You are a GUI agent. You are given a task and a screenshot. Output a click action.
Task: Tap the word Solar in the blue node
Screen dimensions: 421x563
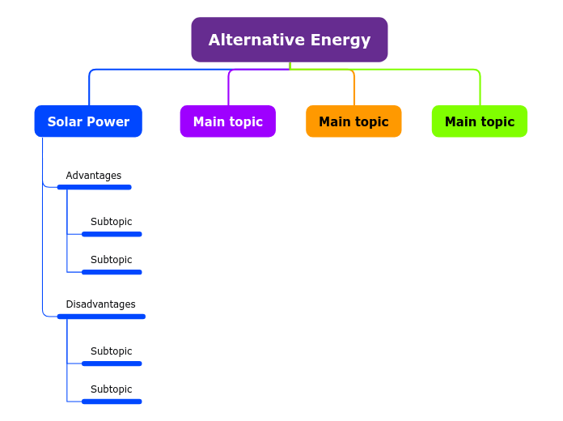pyautogui.click(x=65, y=121)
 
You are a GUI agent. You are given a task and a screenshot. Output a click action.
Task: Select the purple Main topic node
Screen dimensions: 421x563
pyautogui.click(x=227, y=121)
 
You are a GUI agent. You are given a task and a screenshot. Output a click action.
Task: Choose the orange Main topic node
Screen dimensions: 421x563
pyautogui.click(x=353, y=121)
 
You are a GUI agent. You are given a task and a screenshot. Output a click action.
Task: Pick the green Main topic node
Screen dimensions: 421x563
pyautogui.click(x=479, y=121)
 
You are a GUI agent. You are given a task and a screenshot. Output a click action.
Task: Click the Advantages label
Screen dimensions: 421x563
pyautogui.click(x=93, y=176)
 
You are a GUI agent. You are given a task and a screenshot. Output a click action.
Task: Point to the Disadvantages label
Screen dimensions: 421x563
pyautogui.click(x=100, y=304)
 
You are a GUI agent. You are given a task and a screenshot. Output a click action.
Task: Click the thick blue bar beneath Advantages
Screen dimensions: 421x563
pyautogui.click(x=94, y=187)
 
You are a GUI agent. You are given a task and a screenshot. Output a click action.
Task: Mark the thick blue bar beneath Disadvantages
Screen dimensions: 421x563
pyautogui.click(x=101, y=317)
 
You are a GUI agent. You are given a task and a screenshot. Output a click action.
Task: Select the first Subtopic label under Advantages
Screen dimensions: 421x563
pyautogui.click(x=111, y=222)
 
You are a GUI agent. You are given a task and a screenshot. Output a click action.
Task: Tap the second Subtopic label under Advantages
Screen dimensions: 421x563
pyautogui.click(x=111, y=260)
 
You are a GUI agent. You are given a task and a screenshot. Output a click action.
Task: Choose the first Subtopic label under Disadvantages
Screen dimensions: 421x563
pyautogui.click(x=111, y=351)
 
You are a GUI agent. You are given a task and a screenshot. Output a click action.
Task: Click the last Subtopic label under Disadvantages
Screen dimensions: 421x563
pyautogui.click(x=111, y=389)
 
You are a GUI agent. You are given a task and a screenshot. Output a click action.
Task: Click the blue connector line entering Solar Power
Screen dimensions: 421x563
pyautogui.click(x=89, y=89)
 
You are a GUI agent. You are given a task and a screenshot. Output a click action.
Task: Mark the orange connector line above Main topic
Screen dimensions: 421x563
pyautogui.click(x=354, y=89)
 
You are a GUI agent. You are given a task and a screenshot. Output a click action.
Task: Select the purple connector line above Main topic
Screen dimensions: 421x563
pyautogui.click(x=228, y=89)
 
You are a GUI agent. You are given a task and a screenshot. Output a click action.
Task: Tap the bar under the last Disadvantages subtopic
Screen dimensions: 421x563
pyautogui.click(x=112, y=402)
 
